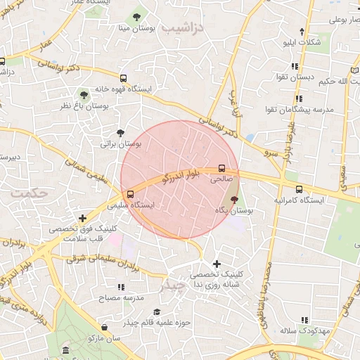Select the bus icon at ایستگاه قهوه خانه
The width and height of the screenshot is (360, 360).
124,78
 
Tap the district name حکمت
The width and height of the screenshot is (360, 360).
25,192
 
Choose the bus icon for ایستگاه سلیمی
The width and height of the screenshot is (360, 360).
130,195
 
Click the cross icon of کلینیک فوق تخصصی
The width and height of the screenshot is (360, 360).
83,219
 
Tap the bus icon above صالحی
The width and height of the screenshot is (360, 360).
221,169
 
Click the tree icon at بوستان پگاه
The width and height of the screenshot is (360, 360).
234,200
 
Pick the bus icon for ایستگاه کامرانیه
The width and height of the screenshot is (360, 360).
299,189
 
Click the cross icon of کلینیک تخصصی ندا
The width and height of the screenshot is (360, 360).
217,263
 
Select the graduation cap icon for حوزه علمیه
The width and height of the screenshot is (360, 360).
157,311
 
